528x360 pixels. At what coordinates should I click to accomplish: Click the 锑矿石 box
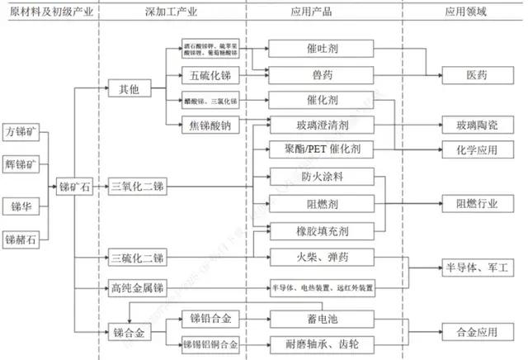(x=74, y=188)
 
